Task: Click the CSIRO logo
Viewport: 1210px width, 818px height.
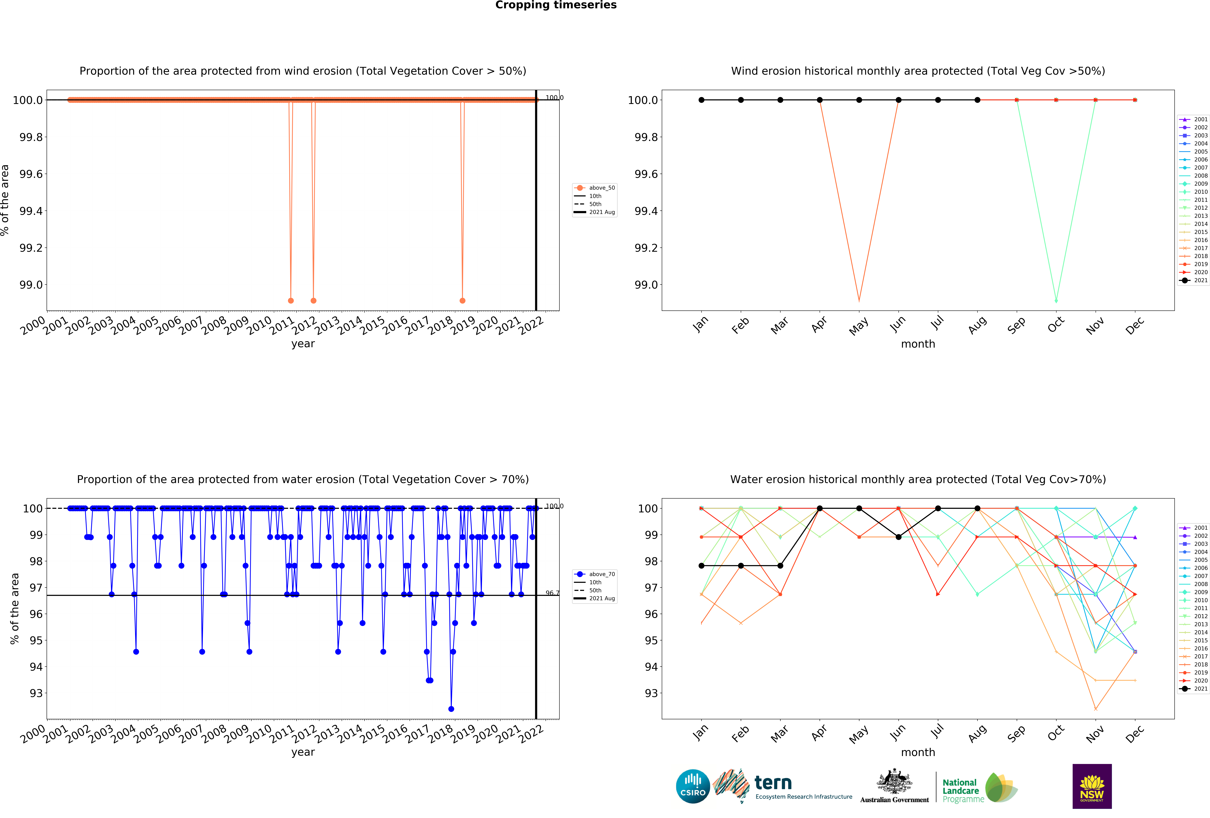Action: click(x=692, y=786)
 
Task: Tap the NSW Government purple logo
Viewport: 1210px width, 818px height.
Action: click(x=1092, y=786)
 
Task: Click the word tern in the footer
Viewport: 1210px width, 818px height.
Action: click(x=773, y=783)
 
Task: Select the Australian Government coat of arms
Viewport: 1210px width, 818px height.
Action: click(x=894, y=781)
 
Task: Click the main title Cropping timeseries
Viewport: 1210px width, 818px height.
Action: click(x=556, y=5)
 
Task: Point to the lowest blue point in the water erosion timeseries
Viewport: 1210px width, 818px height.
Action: click(x=451, y=709)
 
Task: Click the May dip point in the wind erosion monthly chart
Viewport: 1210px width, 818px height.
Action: click(x=859, y=300)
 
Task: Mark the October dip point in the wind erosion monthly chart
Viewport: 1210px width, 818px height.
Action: click(x=1056, y=300)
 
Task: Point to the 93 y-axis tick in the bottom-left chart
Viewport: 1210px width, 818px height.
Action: click(x=36, y=693)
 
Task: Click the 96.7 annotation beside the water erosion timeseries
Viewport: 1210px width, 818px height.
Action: click(x=552, y=593)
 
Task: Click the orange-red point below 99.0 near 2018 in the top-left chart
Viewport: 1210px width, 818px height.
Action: click(x=462, y=300)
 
